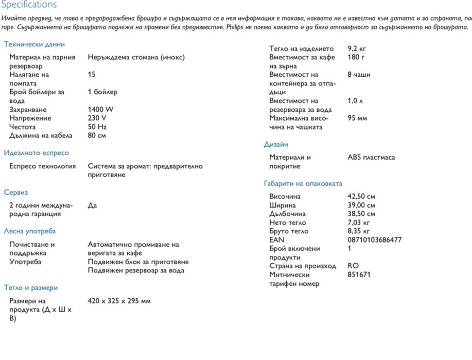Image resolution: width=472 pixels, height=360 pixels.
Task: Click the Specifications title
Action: coord(29,5)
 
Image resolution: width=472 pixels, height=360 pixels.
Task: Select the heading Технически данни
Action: coord(34,44)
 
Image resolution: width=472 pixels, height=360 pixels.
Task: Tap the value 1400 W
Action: coord(101,109)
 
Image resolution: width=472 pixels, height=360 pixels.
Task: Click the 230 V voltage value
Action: coord(98,118)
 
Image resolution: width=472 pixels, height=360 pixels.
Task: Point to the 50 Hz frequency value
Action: coord(97,127)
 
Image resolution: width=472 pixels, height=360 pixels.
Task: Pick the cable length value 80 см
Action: coord(97,135)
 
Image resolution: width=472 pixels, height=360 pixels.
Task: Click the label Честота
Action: coord(23,127)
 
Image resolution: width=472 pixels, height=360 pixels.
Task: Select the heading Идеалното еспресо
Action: coord(36,152)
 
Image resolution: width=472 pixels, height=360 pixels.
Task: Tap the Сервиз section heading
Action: coord(16,192)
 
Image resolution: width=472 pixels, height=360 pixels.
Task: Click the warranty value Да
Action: coord(93,205)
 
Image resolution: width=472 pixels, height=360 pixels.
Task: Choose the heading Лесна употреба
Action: coord(30,231)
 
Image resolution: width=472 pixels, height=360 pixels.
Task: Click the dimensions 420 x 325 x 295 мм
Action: coord(119,301)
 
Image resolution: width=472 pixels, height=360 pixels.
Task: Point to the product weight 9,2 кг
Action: coord(357,48)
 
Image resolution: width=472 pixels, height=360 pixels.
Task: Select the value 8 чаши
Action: coord(359,74)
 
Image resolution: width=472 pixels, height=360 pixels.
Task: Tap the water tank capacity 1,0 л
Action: coord(355,100)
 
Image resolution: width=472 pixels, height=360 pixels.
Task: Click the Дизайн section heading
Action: coord(276,144)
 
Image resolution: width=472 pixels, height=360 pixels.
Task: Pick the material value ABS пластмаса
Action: coord(371,157)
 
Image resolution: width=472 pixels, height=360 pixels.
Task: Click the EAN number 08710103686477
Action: coord(375,239)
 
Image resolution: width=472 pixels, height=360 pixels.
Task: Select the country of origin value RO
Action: coord(353,266)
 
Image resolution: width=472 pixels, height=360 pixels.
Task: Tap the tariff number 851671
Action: coord(359,275)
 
